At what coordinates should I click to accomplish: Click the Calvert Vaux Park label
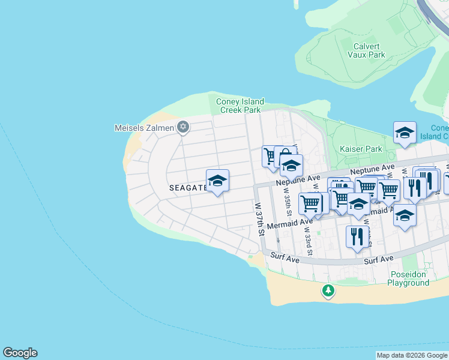[366, 49]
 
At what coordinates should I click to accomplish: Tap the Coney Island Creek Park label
[240, 106]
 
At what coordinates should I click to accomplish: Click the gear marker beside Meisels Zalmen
[183, 127]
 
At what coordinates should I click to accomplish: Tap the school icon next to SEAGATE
[217, 181]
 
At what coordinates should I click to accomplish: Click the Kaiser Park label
[360, 148]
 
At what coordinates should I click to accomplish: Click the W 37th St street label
[259, 219]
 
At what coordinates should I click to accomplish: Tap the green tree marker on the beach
[328, 291]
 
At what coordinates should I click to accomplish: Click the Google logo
[20, 353]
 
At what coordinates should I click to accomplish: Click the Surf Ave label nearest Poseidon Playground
[379, 259]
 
